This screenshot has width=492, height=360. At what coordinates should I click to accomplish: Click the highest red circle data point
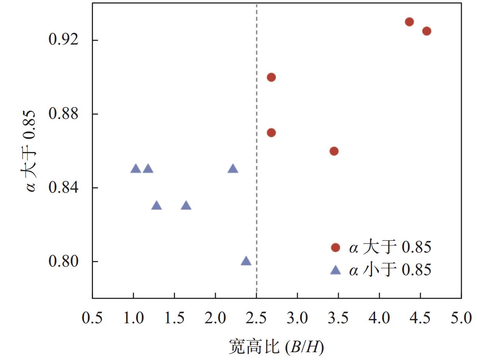tap(409, 22)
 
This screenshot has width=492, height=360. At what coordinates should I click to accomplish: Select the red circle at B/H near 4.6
tap(426, 31)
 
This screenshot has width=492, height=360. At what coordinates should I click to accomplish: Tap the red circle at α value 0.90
tap(271, 77)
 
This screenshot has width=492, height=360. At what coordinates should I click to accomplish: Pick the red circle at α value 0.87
tap(271, 133)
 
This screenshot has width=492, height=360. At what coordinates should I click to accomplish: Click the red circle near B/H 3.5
tap(334, 151)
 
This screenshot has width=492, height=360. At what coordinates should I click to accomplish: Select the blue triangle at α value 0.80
tap(246, 261)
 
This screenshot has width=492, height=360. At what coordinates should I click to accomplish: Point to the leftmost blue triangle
tap(136, 169)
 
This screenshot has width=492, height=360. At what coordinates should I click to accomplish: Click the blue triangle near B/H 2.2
tap(233, 169)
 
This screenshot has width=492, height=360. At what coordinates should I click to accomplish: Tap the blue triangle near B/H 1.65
tap(186, 206)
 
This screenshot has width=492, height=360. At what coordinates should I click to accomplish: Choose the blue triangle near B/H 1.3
tap(157, 206)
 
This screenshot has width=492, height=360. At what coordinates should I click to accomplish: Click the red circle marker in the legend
tap(335, 247)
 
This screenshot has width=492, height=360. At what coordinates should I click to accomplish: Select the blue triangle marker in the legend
tap(335, 270)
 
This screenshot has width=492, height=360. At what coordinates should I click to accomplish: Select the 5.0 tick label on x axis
tap(461, 317)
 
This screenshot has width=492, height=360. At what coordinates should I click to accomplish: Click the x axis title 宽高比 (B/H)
tap(277, 346)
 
